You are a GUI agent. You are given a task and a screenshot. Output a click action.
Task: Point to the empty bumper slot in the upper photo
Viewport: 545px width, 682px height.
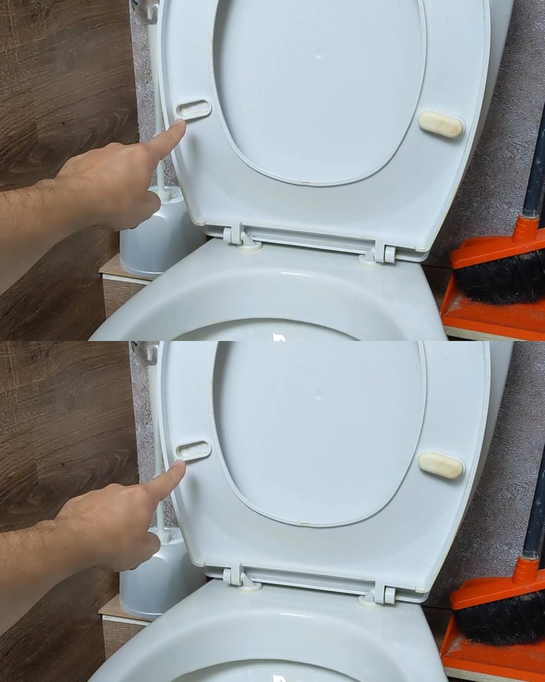tap(194, 108)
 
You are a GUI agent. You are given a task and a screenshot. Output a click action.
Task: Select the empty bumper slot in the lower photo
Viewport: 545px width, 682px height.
tap(194, 449)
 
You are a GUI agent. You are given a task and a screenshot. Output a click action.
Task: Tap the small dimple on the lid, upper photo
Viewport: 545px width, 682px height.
tap(318, 53)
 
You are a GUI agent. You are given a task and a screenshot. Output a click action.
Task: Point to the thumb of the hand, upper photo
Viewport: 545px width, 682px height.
tap(151, 205)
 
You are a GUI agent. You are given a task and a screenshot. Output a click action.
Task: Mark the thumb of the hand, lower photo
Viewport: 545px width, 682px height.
tap(151, 546)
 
